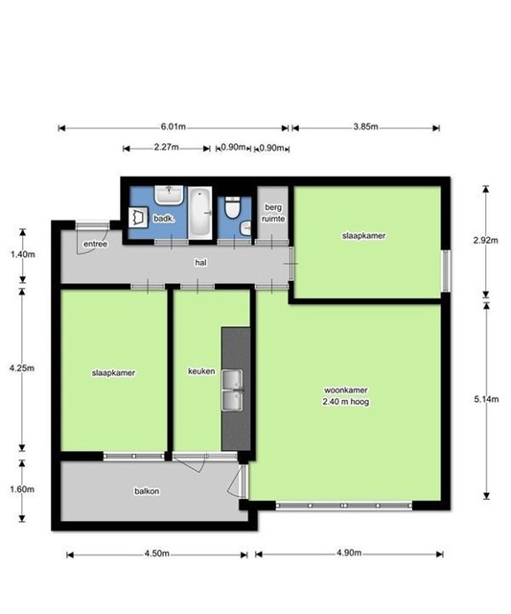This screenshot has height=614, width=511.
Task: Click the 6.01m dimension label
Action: [x=173, y=127]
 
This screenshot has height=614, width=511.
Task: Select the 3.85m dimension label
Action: [x=365, y=127]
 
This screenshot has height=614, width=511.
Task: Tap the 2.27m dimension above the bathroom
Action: [x=166, y=147]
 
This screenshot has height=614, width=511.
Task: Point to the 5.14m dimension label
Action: [x=486, y=399]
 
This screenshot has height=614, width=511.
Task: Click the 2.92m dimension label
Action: [x=485, y=240]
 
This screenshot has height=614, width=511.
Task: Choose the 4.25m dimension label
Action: [x=22, y=368]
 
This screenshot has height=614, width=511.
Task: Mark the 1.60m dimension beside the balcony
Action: [x=22, y=489]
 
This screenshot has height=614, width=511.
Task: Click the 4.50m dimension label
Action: [x=157, y=554]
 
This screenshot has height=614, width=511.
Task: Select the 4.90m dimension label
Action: [x=349, y=553]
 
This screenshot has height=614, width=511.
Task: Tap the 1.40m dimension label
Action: [x=22, y=254]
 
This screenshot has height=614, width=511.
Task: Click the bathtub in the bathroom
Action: [x=200, y=213]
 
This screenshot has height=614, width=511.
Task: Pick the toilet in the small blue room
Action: [x=232, y=207]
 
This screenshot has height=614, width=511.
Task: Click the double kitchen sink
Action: [x=232, y=390]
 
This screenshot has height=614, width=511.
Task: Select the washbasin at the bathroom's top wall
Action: [x=169, y=195]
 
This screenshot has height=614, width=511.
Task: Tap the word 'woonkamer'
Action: [x=345, y=390]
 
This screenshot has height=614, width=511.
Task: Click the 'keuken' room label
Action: [x=201, y=371]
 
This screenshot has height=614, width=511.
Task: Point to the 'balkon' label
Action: [x=147, y=491]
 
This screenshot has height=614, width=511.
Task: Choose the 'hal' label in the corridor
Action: [x=200, y=263]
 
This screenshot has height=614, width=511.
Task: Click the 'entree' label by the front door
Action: [x=96, y=244]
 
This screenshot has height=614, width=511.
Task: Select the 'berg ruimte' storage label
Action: [x=273, y=213]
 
